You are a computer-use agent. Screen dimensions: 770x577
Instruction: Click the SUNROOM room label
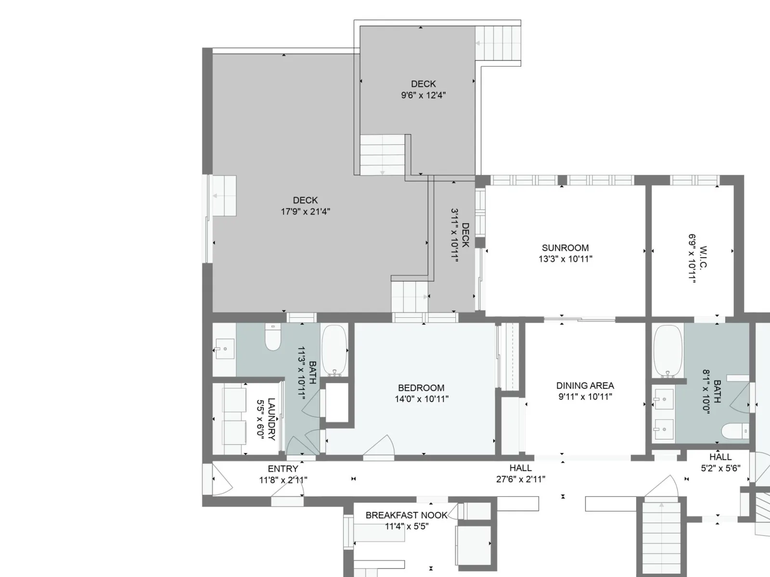[x=565, y=248]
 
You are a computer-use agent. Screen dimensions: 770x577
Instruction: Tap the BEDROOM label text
[x=421, y=388]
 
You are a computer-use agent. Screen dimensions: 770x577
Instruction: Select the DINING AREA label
[x=585, y=386]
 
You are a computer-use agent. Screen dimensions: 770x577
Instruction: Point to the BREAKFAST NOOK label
[x=406, y=515]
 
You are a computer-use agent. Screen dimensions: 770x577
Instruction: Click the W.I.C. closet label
[x=703, y=258]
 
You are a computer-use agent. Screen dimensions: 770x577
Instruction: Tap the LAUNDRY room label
[x=271, y=419]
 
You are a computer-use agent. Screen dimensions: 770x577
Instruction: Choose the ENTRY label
[x=283, y=469]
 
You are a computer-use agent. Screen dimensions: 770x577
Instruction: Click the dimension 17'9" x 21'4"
[x=305, y=212]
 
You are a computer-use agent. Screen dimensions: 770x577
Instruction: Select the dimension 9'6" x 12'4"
[x=423, y=95]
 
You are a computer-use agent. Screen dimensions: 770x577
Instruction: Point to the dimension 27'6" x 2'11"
[x=521, y=479]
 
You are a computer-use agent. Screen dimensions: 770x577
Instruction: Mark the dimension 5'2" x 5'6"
[x=720, y=468]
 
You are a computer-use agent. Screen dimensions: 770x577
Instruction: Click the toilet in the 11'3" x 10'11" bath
[x=273, y=337]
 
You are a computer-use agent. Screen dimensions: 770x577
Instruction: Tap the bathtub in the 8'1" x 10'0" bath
[x=667, y=351]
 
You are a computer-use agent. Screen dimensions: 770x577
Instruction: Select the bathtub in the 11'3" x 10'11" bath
[x=334, y=351]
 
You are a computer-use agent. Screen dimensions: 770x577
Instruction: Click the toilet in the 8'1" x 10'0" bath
[x=735, y=431]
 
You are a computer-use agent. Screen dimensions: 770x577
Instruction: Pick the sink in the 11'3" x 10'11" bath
[x=225, y=349]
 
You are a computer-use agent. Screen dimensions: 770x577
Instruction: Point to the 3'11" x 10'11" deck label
[x=460, y=235]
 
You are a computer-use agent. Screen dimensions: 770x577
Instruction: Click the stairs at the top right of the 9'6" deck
[x=498, y=43]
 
